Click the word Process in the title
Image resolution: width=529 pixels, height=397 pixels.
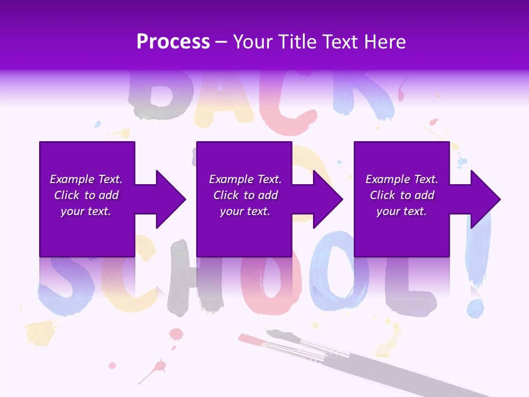coord(173,42)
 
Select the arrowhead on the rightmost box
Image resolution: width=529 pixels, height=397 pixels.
coord(481,199)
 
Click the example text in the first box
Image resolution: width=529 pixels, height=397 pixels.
coord(87,195)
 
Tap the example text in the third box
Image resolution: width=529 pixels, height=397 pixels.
coord(402,195)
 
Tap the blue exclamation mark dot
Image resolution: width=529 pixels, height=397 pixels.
coord(475,309)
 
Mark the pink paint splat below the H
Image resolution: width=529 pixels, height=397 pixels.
coord(176,334)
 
